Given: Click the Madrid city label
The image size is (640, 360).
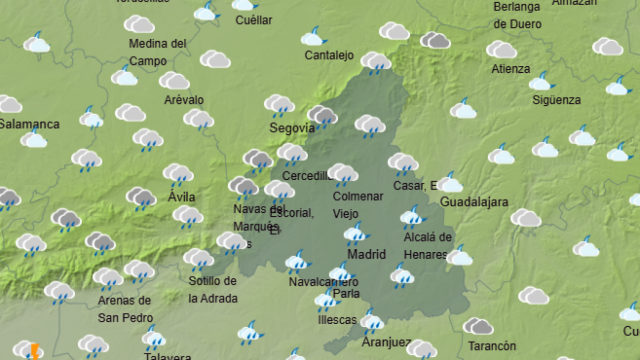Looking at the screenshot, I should (x=365, y=254).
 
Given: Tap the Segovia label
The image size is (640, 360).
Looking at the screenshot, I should (x=292, y=128).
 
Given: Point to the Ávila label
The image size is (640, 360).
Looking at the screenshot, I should (x=182, y=197).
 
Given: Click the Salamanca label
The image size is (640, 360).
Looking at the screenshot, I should (x=29, y=124).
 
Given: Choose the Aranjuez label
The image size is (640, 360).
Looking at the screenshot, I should (x=386, y=342).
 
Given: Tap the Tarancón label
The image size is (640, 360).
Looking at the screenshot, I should (x=492, y=346).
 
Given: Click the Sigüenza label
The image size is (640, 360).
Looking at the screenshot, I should (x=556, y=100).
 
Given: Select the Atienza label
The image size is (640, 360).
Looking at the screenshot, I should (x=511, y=69).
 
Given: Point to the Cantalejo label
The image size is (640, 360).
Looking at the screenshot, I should (x=329, y=56).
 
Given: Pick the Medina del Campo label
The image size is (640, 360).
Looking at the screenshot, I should (x=158, y=52).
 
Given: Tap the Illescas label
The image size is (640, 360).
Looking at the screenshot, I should (x=335, y=320).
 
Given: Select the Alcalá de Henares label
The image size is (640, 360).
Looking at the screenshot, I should (x=426, y=244).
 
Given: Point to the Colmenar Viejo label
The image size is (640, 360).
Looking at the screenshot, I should (x=357, y=204).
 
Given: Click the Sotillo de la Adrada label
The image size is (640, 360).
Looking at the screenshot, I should (x=213, y=291).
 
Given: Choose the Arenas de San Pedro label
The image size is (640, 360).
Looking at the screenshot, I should (x=124, y=308).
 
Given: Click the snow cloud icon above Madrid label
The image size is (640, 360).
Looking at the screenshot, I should (x=355, y=234).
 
